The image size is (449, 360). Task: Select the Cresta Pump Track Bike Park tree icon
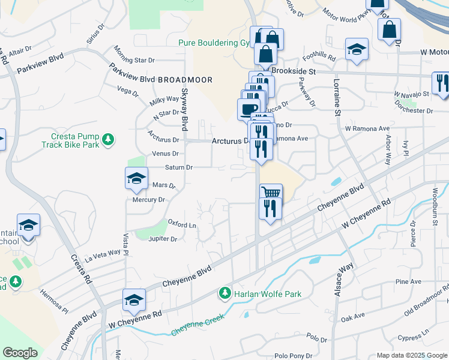pos(108,140)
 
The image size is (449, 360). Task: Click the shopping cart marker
pos(271,193)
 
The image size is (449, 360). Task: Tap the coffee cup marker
pos(248,109)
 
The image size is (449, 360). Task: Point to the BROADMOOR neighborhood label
pos(185,79)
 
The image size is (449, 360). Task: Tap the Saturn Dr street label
pos(179,167)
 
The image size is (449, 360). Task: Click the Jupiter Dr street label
pos(162,239)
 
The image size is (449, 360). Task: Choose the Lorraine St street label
pos(337,96)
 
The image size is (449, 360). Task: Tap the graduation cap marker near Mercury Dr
pos(136,178)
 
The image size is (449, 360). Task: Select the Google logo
pos(20,353)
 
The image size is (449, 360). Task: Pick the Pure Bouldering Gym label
pos(215,43)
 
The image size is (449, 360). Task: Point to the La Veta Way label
pos(103,254)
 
